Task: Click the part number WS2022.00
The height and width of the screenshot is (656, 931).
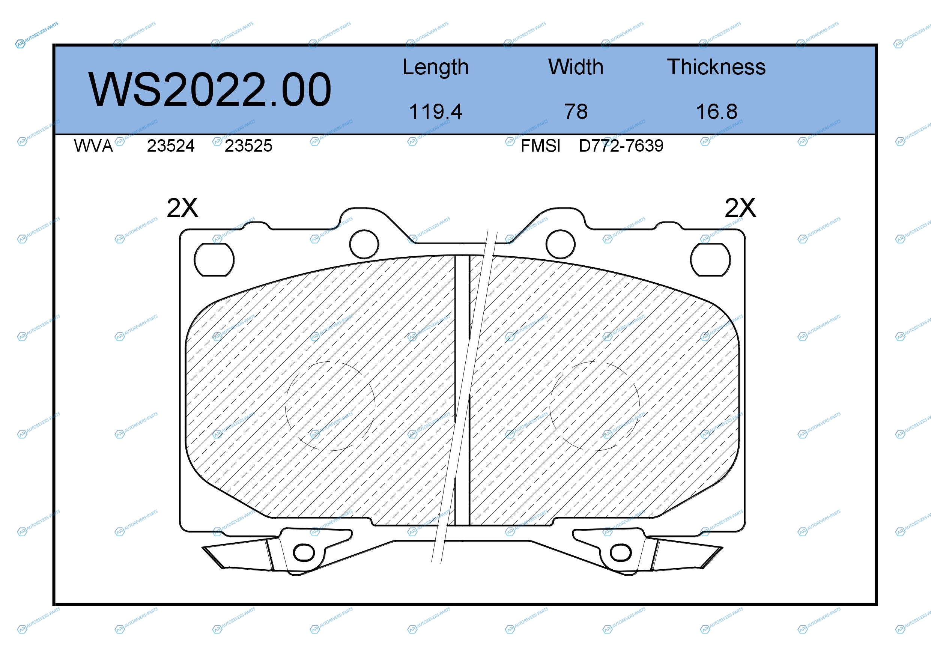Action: click(210, 90)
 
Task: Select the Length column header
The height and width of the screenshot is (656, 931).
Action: click(436, 67)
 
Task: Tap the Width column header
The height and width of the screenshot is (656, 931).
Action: click(575, 67)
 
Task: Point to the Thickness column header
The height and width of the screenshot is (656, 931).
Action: click(716, 67)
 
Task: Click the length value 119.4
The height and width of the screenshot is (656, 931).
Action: click(436, 111)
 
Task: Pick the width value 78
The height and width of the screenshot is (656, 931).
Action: click(576, 111)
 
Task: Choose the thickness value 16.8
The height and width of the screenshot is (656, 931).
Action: click(716, 111)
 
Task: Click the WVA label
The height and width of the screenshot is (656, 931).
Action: click(93, 146)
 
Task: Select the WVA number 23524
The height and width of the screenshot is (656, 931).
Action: click(171, 146)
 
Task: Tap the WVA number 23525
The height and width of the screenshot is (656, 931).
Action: click(248, 146)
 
